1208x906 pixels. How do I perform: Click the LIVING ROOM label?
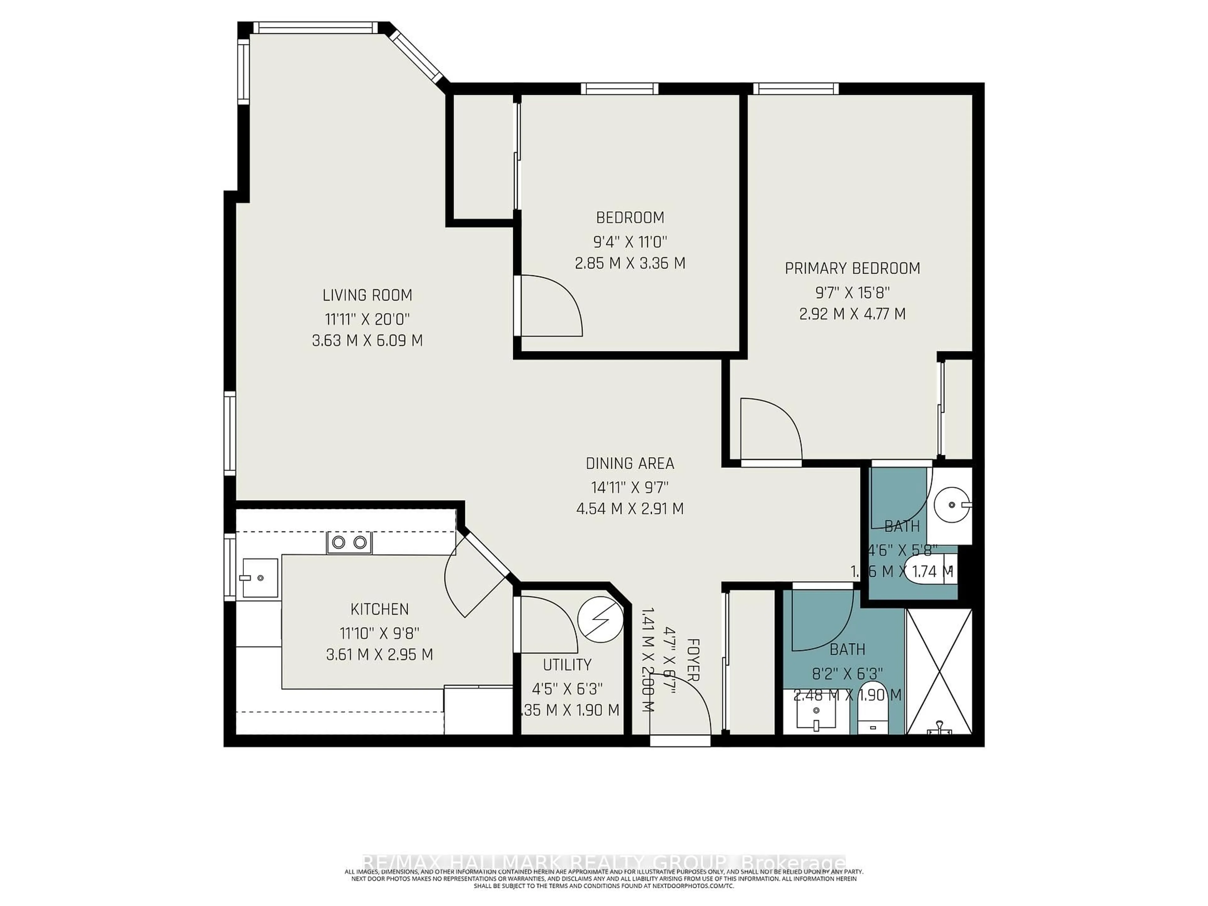point(367,295)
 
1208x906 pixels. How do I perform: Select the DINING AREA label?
point(630,464)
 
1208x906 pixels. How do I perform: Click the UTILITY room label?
point(567,665)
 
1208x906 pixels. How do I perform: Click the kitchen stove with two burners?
point(349,542)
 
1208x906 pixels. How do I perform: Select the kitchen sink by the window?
point(260,577)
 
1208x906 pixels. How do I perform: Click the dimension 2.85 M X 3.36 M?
point(630,263)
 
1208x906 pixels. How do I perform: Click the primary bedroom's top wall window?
point(796,88)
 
